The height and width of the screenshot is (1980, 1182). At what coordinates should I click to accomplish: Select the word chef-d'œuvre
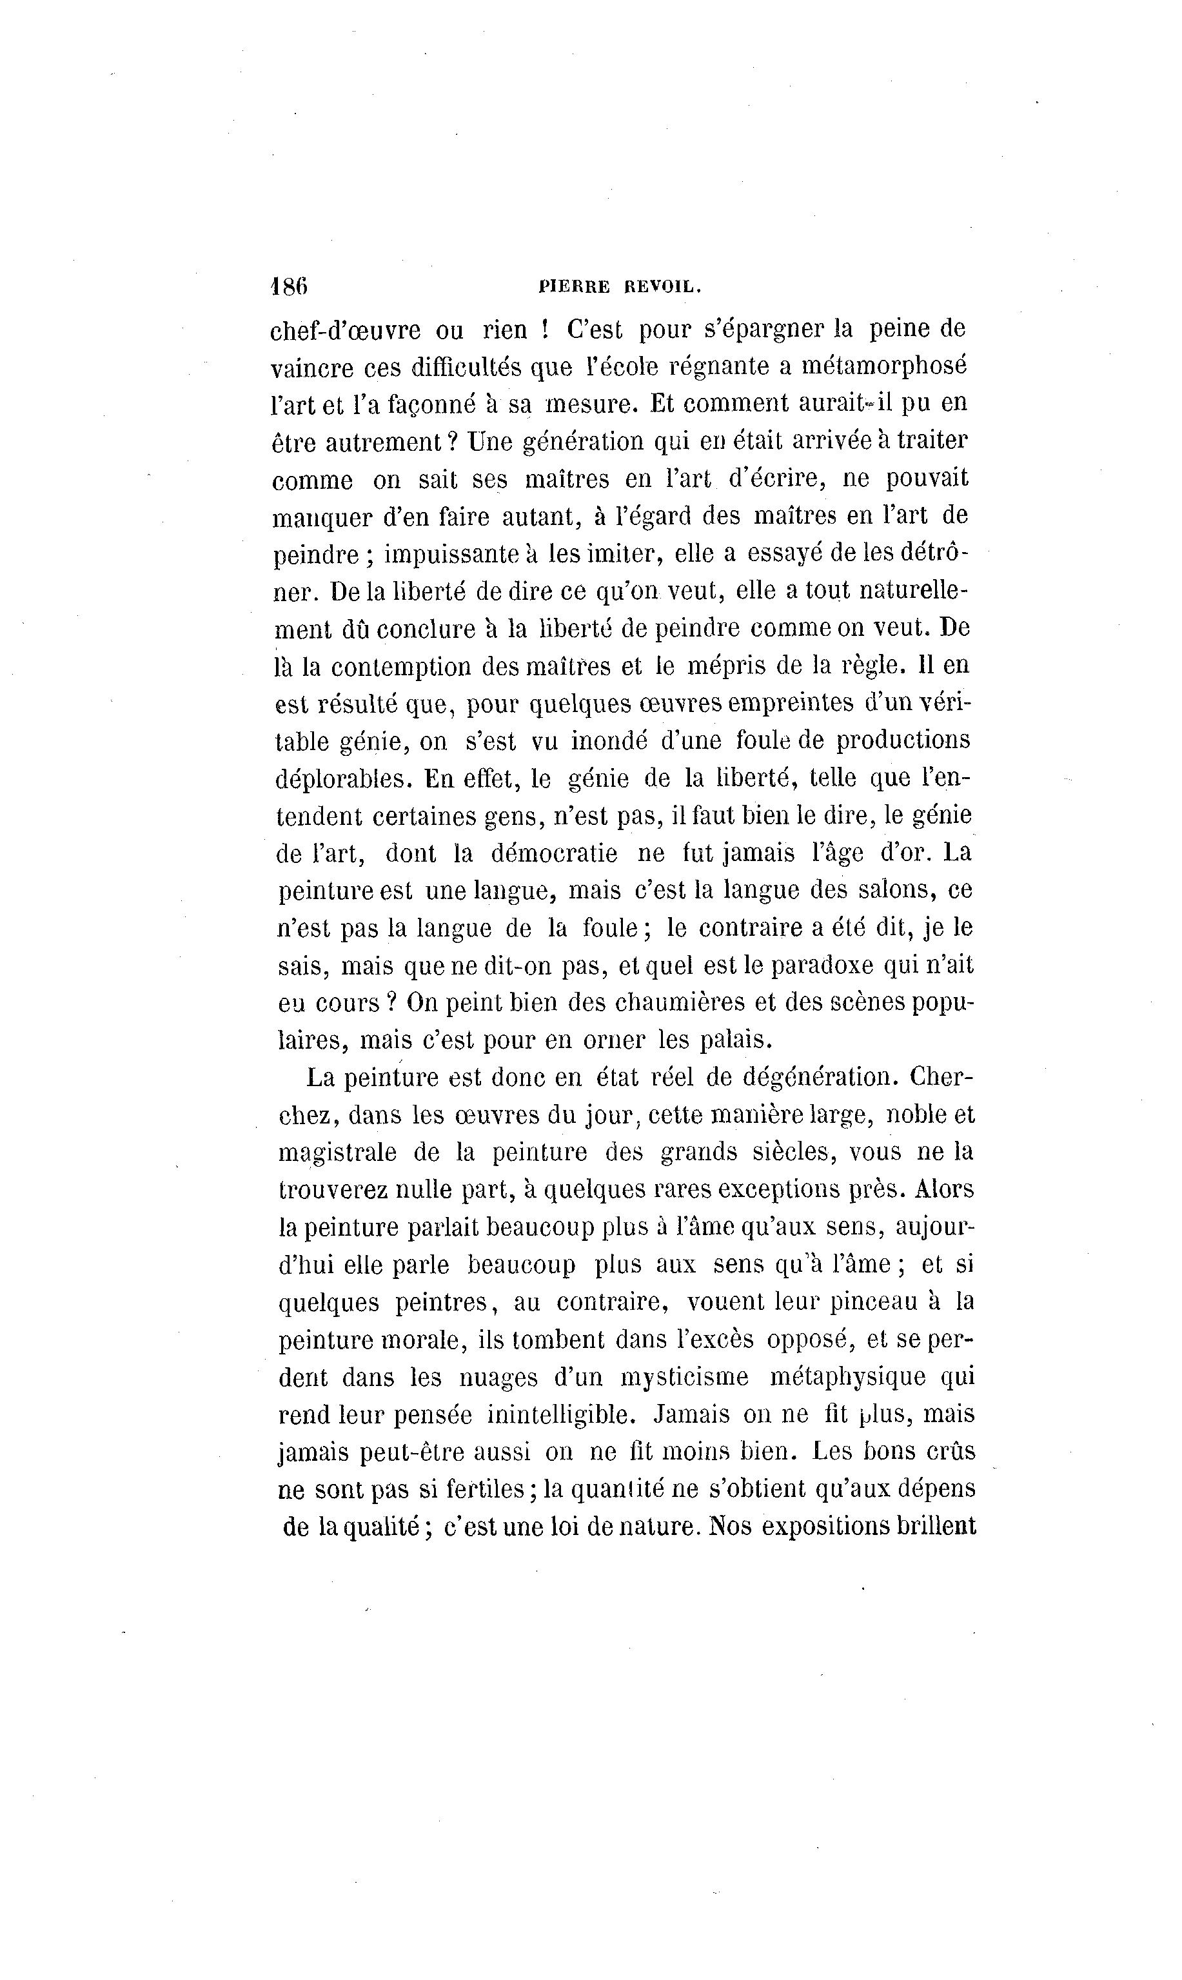point(346,329)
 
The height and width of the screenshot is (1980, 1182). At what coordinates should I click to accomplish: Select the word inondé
point(606,740)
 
